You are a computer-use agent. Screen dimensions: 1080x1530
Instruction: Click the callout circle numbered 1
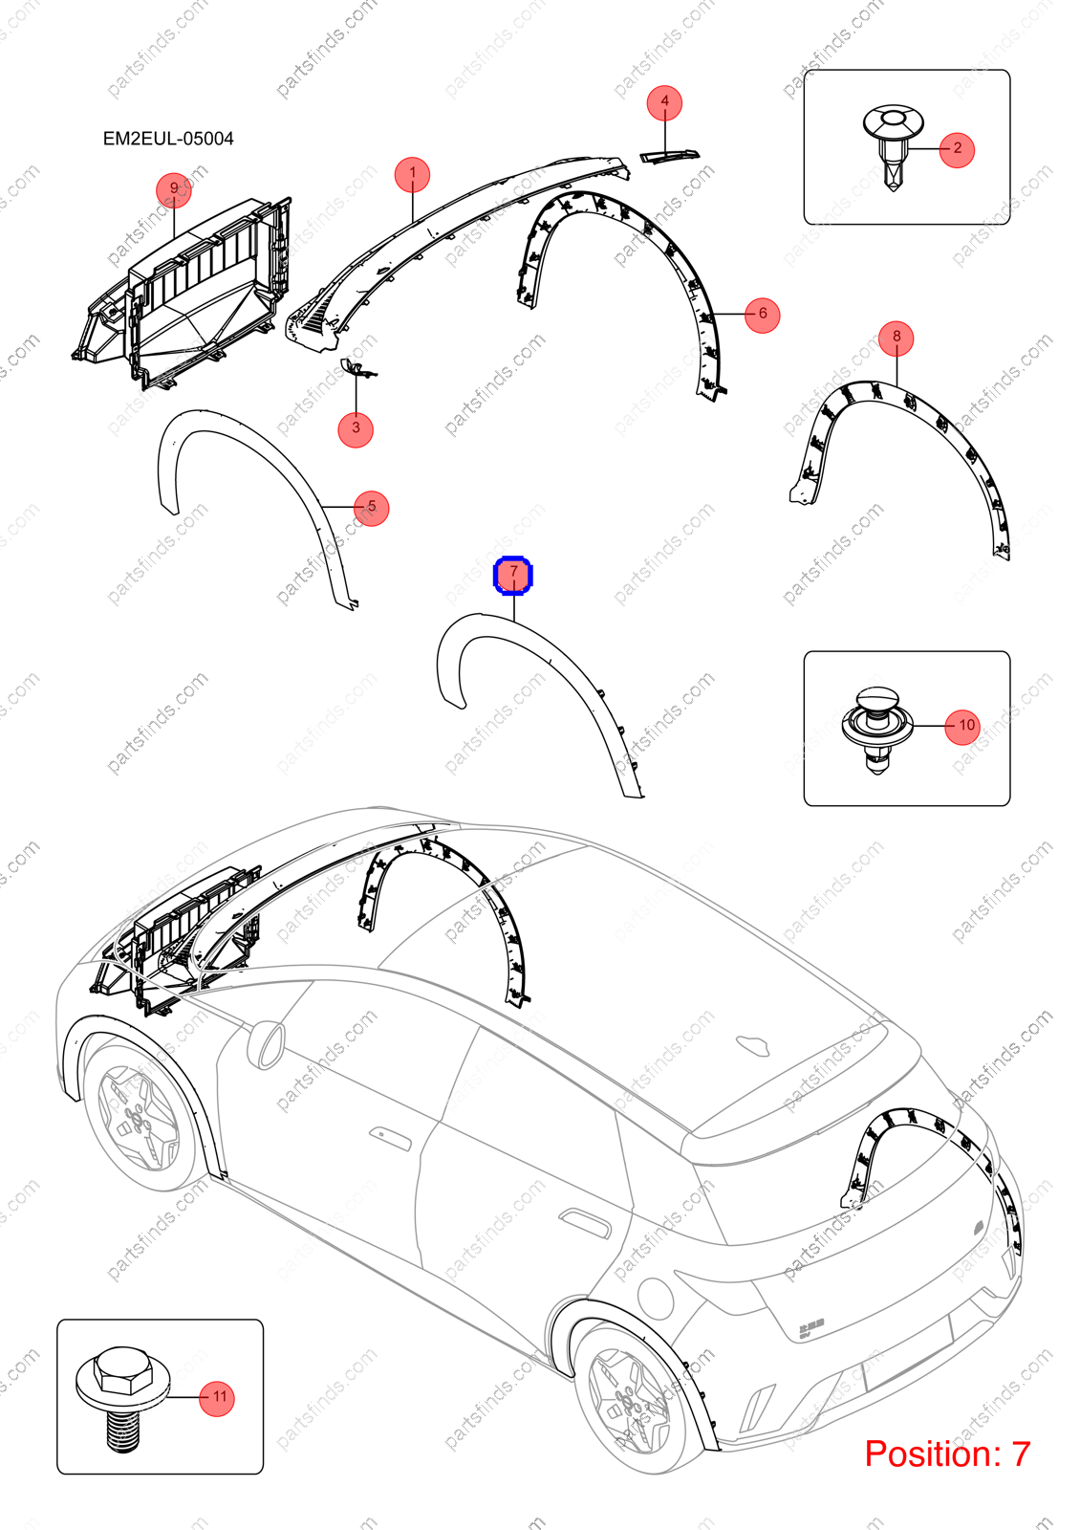(x=412, y=175)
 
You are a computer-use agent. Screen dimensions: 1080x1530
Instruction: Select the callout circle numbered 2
(x=957, y=148)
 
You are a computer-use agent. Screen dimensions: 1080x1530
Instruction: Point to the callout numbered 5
(x=372, y=508)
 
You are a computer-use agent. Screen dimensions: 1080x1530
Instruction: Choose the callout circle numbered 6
(x=763, y=315)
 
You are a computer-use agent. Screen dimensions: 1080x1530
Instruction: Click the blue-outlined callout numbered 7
(x=513, y=575)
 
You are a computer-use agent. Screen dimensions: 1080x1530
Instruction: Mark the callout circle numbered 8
(x=896, y=338)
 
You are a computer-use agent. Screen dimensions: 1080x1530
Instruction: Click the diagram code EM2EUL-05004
(x=168, y=139)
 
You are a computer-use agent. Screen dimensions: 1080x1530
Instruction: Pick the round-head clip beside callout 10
(x=877, y=730)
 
